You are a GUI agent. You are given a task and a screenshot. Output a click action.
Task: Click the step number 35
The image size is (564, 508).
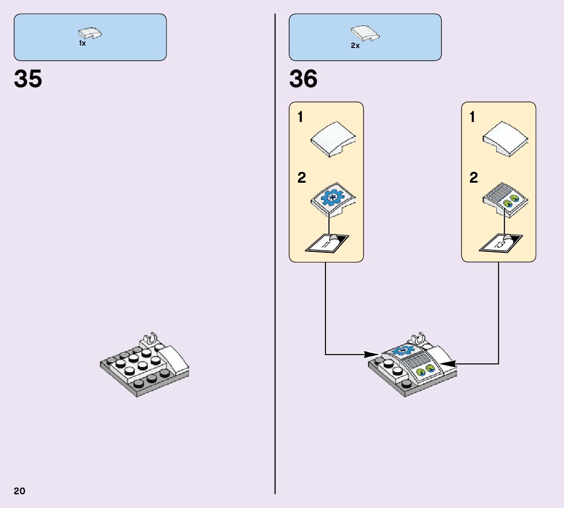coord(28,79)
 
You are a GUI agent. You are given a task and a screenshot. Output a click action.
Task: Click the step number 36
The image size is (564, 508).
coord(303,79)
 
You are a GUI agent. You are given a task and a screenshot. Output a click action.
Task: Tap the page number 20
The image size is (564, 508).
coord(20,491)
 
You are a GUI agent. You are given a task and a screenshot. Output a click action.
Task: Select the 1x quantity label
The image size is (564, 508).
coord(82,44)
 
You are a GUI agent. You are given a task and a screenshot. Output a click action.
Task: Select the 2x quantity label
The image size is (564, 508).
coord(355,46)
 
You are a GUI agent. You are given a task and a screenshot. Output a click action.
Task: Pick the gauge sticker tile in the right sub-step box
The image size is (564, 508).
coord(506,199)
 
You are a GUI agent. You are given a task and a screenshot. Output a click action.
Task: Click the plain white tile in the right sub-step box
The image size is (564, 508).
coord(505,139)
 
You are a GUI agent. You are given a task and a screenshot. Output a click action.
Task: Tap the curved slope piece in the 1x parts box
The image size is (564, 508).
coord(90,33)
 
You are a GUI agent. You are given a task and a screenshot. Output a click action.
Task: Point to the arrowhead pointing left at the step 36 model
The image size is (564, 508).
coord(448,363)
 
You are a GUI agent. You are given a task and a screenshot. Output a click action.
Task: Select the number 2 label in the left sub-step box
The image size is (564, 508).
coord(302,177)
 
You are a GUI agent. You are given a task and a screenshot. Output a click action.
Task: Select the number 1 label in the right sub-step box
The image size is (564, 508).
coord(472,118)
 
